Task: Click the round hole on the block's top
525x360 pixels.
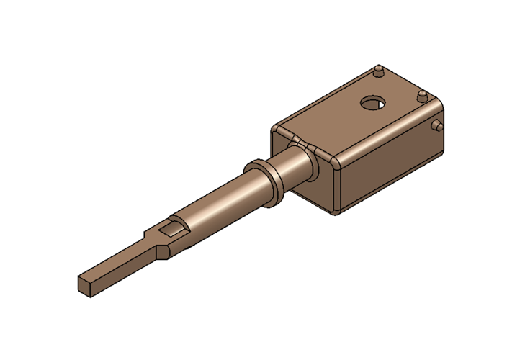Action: (373, 103)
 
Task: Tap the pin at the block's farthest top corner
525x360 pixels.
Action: (377, 71)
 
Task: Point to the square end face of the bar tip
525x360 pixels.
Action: (84, 284)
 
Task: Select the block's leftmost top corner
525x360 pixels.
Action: (274, 129)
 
